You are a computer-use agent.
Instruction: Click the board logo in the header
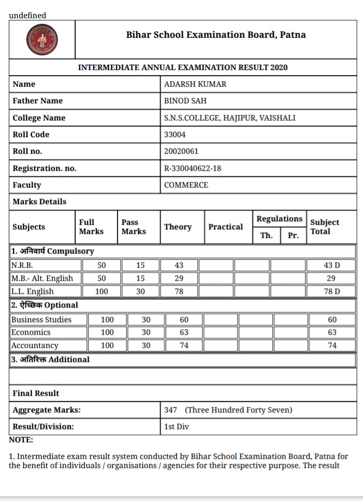[x=42, y=40]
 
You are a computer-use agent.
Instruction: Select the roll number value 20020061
[x=181, y=151]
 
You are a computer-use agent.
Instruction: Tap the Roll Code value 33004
[x=174, y=135]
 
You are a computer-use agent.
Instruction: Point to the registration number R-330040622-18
[x=193, y=168]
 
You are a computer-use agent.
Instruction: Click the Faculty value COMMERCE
[x=186, y=185]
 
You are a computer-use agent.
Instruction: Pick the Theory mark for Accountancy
[x=184, y=346]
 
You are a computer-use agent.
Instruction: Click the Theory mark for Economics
[x=184, y=333]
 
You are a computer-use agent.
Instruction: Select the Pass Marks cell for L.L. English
[x=140, y=291]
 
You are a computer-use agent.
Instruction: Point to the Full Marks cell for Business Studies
[x=107, y=320]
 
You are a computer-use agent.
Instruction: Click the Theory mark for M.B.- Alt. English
[x=179, y=278]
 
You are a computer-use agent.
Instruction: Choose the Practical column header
[x=225, y=227]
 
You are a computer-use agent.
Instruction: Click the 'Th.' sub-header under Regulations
[x=266, y=235]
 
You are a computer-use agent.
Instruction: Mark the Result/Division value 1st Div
[x=176, y=426]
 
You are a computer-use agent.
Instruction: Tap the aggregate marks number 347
[x=170, y=410]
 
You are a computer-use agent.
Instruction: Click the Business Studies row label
[x=41, y=320]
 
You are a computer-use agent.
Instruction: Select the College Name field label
[x=39, y=118]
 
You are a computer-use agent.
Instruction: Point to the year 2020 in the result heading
[x=279, y=67]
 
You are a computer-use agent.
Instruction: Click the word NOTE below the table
[x=21, y=440]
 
